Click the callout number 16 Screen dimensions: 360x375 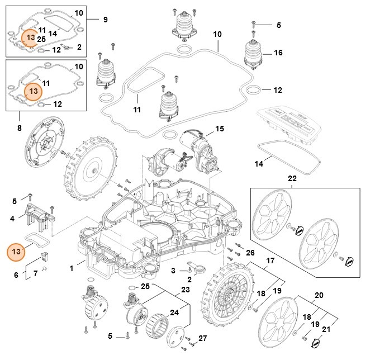(x=278, y=53)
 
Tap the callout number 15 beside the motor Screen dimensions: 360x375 (x=219, y=129)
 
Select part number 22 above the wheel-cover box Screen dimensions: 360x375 (x=292, y=178)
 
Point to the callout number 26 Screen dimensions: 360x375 (x=250, y=252)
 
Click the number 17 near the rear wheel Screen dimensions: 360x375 (x=270, y=261)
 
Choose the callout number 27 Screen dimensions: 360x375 (x=203, y=338)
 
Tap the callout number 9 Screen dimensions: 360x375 (x=105, y=20)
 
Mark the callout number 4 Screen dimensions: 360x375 (x=12, y=219)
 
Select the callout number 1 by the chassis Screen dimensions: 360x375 (x=72, y=269)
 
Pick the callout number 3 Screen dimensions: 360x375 (x=174, y=271)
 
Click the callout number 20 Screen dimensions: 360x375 (x=319, y=295)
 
